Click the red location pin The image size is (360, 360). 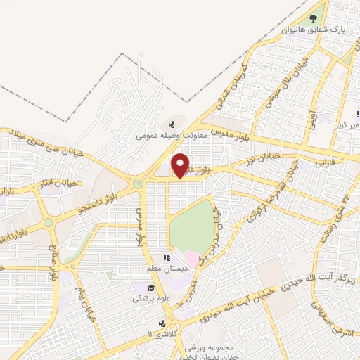click(181, 166)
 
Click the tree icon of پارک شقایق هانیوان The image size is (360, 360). click(313, 18)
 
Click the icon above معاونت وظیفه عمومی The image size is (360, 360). click(172, 124)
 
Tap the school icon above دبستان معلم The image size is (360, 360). click(167, 258)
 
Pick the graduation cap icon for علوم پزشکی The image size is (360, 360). click(152, 288)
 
